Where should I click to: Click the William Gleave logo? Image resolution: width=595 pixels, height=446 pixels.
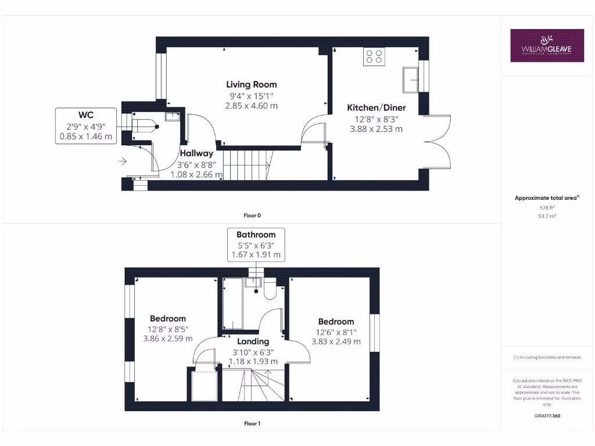[547, 45]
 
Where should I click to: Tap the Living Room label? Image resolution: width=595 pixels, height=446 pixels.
[251, 85]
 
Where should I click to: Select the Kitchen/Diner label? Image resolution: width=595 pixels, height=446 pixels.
[376, 108]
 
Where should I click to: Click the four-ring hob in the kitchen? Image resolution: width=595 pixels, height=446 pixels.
[374, 56]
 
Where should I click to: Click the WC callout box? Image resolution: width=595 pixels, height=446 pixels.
[85, 125]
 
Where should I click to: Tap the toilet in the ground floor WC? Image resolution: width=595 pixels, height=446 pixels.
[144, 125]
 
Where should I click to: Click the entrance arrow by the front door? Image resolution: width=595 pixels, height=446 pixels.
[123, 161]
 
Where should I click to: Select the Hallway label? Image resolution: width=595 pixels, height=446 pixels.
[196, 154]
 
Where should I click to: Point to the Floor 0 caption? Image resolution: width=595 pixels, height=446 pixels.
[252, 215]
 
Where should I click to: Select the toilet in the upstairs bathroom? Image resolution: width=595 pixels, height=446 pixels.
[270, 289]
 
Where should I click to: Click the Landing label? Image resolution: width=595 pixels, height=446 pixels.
[253, 341]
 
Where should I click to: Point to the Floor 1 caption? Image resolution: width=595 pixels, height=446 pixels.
[252, 423]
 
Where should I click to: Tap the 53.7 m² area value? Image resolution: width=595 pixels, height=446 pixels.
[547, 215]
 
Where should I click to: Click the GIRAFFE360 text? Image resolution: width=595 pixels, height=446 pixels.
[547, 416]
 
